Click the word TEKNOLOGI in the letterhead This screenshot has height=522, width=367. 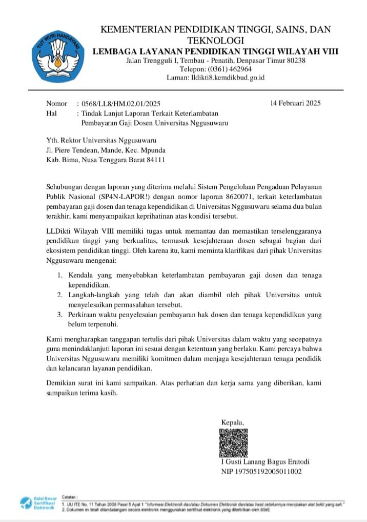(x=216, y=41)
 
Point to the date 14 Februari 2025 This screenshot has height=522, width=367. (x=295, y=104)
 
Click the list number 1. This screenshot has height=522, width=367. (x=60, y=276)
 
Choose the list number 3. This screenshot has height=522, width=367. (x=60, y=315)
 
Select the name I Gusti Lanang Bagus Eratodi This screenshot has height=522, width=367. (x=265, y=461)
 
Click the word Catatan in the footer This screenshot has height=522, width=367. (x=69, y=497)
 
